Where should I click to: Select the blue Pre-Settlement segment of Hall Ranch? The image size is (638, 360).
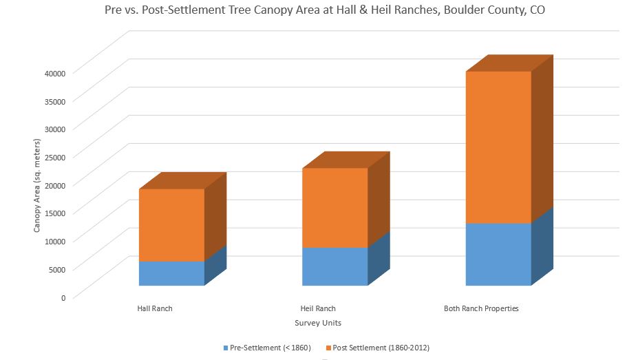(172, 273)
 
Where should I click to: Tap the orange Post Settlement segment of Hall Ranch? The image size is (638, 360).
(172, 225)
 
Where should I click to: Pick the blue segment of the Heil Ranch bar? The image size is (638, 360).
(335, 266)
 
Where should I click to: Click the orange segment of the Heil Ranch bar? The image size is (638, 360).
(335, 208)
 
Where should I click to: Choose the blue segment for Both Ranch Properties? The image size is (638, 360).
(498, 254)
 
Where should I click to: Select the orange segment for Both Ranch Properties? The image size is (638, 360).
(498, 147)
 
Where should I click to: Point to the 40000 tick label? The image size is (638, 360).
(54, 73)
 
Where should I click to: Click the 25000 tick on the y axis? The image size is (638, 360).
(54, 157)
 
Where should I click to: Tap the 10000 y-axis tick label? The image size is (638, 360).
(54, 241)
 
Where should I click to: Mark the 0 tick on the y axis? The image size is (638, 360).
(63, 297)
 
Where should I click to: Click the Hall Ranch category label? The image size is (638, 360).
(155, 309)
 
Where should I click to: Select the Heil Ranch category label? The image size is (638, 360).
(318, 309)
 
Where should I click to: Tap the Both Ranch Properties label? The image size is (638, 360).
(481, 309)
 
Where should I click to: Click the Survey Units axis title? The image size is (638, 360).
(318, 323)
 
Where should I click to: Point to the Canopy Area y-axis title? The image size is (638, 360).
(37, 184)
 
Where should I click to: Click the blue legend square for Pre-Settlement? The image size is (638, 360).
(225, 348)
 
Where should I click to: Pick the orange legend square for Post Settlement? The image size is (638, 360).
(328, 348)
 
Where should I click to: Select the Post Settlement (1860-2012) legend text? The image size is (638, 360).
(381, 348)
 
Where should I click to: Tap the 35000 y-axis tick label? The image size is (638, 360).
(54, 101)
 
